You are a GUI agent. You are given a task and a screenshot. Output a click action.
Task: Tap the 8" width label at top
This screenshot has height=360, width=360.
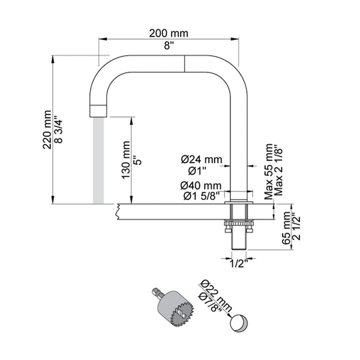(169, 46)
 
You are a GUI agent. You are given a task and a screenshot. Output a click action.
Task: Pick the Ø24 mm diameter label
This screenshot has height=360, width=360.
(201, 159)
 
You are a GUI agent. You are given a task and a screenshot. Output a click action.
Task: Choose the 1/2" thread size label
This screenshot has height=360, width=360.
(238, 262)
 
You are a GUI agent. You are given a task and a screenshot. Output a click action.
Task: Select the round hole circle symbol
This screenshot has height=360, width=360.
(238, 322)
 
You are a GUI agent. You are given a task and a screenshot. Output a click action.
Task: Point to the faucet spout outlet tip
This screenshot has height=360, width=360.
(98, 110)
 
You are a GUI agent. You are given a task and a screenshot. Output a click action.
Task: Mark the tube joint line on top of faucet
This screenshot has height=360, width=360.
(184, 64)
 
